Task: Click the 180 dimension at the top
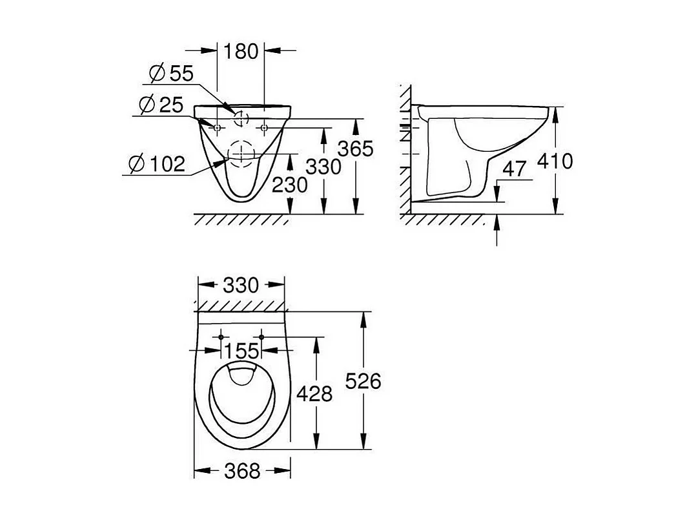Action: [241, 51]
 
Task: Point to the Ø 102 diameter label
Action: [156, 164]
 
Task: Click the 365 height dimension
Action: [356, 149]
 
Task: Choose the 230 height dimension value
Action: [290, 185]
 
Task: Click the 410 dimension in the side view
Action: [555, 160]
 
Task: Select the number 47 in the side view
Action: [515, 170]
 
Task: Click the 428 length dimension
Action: [315, 393]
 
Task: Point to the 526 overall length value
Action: [363, 381]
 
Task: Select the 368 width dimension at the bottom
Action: [241, 471]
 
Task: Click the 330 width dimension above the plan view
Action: [241, 285]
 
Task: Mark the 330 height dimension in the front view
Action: [323, 167]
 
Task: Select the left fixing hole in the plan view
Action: [221, 337]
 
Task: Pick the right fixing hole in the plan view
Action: [261, 337]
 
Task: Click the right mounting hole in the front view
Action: [264, 128]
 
